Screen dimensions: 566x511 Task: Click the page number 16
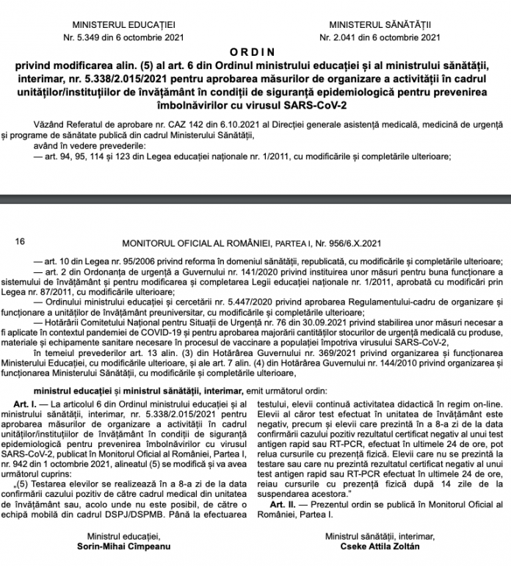(20, 241)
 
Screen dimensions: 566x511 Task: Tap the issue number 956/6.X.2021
(357, 241)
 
